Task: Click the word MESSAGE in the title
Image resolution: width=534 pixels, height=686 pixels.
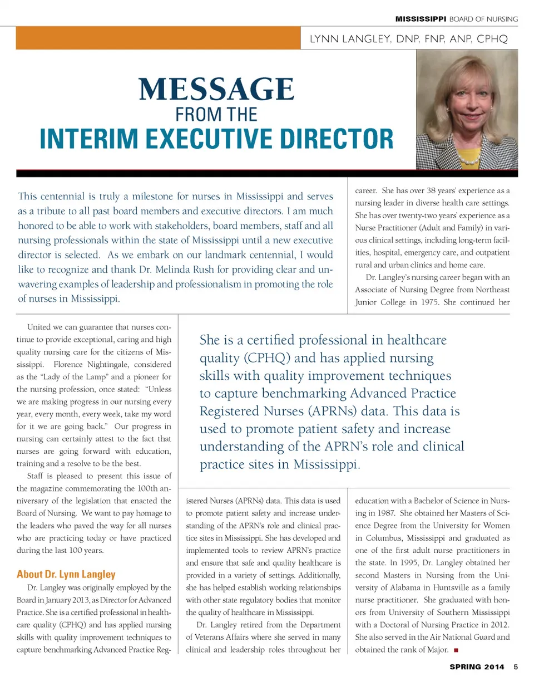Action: (x=216, y=90)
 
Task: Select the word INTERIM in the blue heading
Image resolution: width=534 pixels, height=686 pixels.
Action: (x=90, y=137)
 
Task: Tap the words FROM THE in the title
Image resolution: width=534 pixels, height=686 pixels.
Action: (x=216, y=114)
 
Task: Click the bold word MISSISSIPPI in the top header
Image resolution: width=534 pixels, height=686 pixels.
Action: (x=421, y=19)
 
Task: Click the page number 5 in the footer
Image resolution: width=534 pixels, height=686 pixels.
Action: (x=516, y=667)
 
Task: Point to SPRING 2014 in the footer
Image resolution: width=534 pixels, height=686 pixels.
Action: (x=478, y=667)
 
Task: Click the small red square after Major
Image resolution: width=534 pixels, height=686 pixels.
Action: (x=456, y=650)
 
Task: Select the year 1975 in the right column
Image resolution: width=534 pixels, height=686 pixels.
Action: (x=434, y=303)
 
